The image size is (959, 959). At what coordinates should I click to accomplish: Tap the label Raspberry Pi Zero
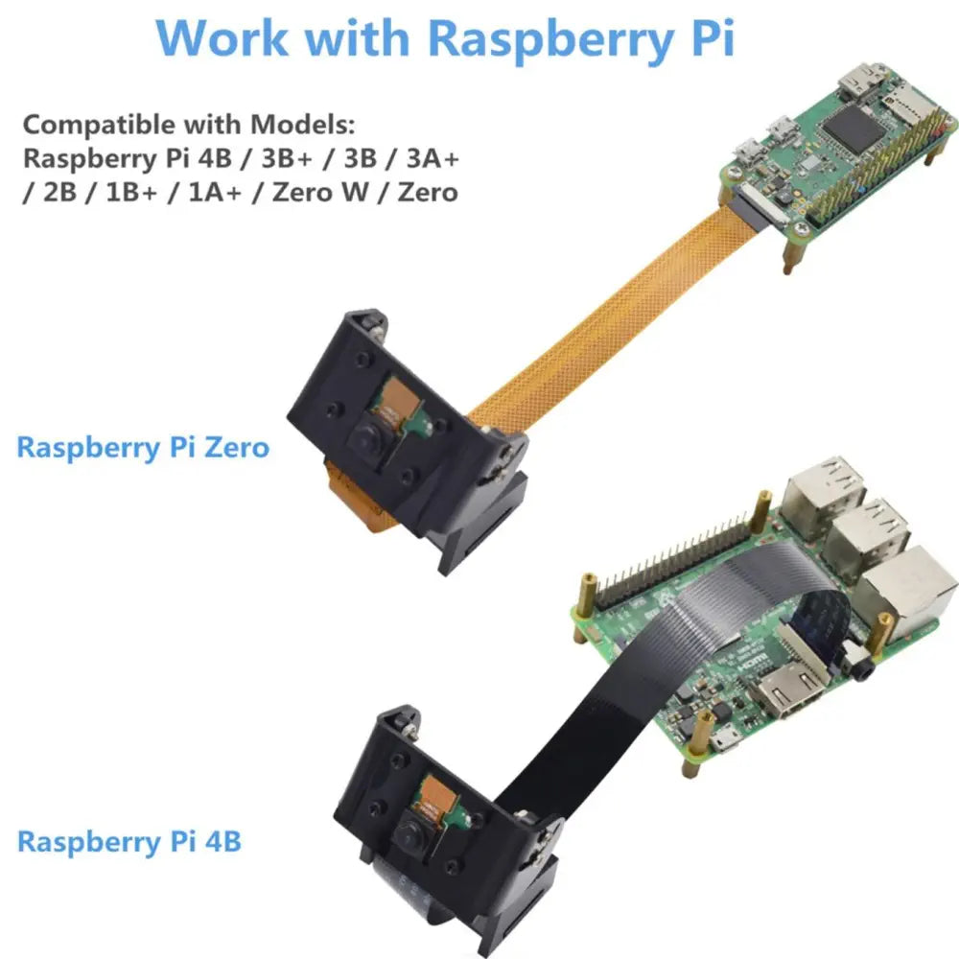(x=143, y=447)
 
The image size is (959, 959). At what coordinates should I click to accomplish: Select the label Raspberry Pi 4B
(x=129, y=842)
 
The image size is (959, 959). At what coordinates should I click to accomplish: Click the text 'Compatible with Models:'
(x=189, y=124)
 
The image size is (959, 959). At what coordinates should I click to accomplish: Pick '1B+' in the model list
(x=129, y=191)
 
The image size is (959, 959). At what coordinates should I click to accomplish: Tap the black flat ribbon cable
(x=614, y=710)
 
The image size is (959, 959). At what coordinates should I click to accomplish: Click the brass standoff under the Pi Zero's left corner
(x=792, y=251)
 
